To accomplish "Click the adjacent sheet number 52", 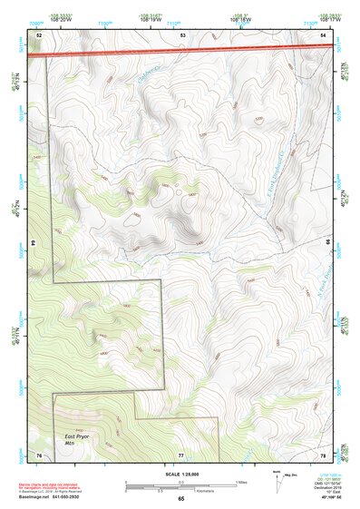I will [39, 34].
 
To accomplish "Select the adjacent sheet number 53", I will [182, 34].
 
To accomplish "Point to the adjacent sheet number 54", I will [324, 34].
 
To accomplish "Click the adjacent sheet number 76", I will [39, 454].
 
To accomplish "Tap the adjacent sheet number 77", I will [181, 454].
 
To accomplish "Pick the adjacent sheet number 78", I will [324, 454].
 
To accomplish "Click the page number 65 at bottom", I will [180, 498].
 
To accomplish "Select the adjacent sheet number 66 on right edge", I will [327, 243].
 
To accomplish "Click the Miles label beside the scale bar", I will [243, 481].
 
